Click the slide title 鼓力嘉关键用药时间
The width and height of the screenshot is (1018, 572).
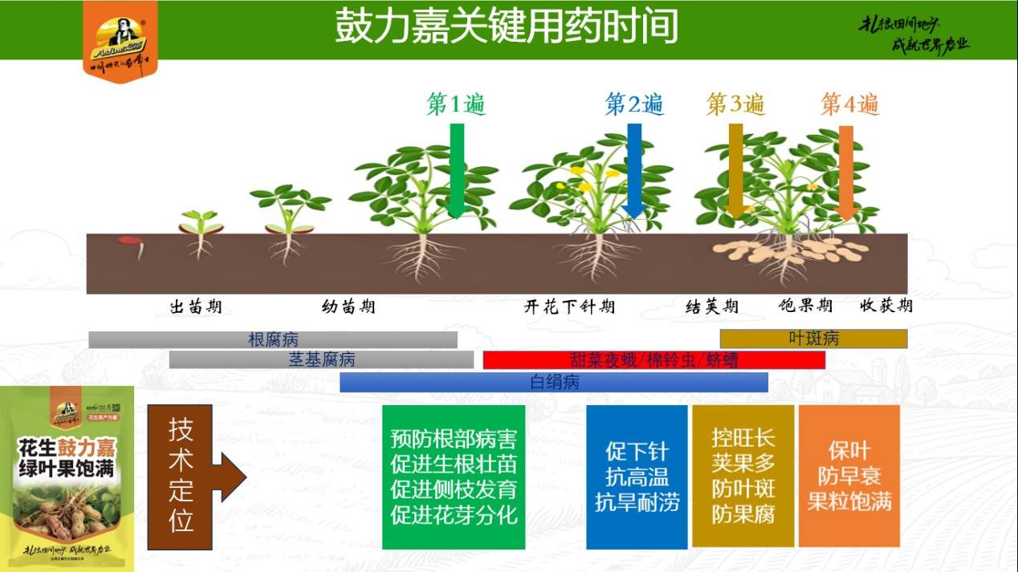coord(507,28)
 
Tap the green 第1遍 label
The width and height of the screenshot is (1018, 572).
coord(456,103)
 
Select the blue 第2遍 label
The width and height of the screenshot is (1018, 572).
coord(634,103)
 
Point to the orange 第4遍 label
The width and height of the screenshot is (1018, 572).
coord(849,104)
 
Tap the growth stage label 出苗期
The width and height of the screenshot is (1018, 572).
coord(196,306)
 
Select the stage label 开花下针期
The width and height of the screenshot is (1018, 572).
coord(570,306)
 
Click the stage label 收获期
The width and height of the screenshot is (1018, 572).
coord(886,306)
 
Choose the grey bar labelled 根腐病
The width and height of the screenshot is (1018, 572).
coord(273,339)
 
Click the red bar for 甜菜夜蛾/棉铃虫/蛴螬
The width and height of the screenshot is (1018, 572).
coord(654,360)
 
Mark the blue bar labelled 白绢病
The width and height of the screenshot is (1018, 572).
coord(553,382)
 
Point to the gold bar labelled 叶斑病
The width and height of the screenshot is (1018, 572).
coord(813,339)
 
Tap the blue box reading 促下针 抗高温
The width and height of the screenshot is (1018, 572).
coord(637,477)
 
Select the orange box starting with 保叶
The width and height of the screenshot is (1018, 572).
coord(849,477)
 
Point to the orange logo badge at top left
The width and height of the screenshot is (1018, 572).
coord(120,38)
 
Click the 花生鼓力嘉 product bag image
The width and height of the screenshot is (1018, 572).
coord(67,478)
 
